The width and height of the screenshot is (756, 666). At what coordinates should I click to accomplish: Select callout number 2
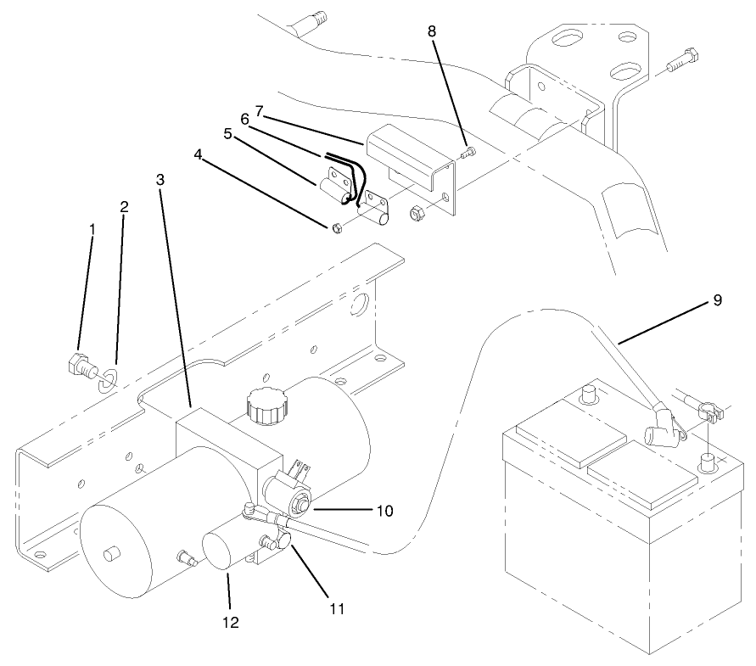coord(124,206)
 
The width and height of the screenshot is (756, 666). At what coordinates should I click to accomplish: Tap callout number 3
coord(160,180)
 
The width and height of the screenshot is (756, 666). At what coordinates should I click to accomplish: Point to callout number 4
coord(198,155)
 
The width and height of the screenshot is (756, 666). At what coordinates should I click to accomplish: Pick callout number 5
coord(227,134)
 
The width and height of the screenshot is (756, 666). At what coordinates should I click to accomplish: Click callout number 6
coord(244,120)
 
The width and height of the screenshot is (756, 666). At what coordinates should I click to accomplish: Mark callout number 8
coord(432,31)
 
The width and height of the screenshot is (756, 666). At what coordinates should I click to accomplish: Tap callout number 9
coord(717,299)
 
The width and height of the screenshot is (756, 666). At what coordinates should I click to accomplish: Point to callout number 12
coord(230,622)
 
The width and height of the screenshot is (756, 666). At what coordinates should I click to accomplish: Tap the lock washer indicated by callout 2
coord(106,379)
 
